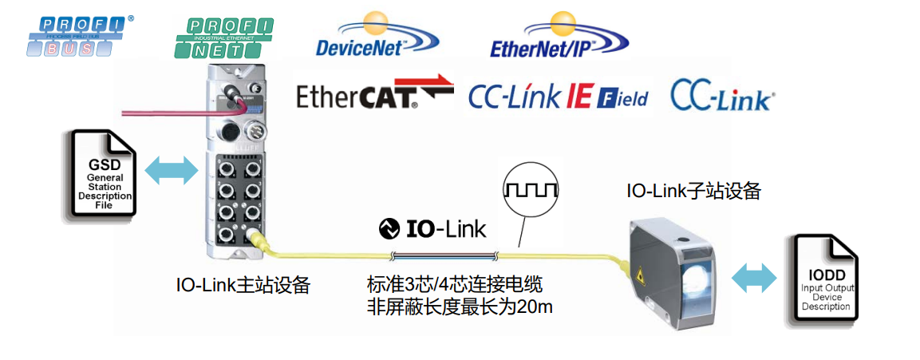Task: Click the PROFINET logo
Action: point(223,37)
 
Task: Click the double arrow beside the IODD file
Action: point(753,278)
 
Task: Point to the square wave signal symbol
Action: point(531,190)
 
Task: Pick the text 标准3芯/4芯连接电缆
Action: point(455,285)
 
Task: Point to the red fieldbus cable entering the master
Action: point(160,114)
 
